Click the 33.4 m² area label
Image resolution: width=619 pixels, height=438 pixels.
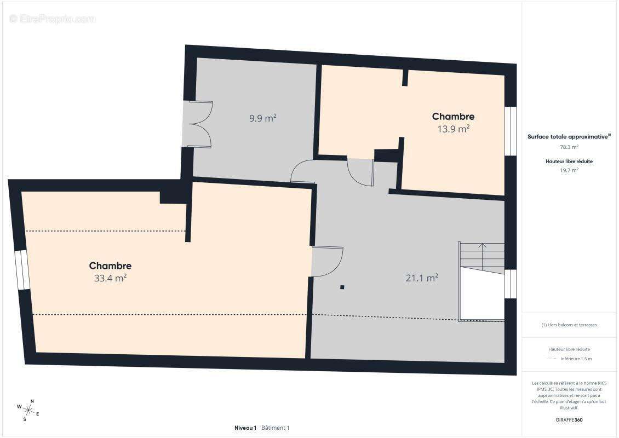pos(110,278)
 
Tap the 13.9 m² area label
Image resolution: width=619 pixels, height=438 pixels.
pos(453,129)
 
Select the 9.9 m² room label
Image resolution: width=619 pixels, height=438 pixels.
pos(262,118)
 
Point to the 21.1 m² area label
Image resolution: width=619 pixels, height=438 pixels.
pos(422,278)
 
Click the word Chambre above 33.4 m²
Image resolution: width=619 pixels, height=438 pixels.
pos(110,266)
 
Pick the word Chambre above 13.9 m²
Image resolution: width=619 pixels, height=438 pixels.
pos(453,117)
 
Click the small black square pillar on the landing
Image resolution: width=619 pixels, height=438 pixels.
pos(342,287)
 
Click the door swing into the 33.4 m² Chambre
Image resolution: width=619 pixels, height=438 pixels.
pos(327,261)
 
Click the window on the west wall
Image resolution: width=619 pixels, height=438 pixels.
pos(22,270)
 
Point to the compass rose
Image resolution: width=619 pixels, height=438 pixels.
pos(28,411)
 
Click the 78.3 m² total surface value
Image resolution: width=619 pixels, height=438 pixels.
pos(569,147)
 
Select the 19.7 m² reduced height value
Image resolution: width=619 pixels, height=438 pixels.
pos(569,170)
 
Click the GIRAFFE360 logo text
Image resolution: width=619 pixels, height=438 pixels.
pos(569,420)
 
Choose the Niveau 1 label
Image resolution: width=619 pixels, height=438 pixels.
pos(245,428)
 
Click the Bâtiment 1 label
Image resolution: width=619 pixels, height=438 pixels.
pos(275,428)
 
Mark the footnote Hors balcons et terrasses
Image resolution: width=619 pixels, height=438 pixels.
pos(569,325)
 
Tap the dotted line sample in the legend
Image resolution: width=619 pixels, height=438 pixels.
pos(552,359)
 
